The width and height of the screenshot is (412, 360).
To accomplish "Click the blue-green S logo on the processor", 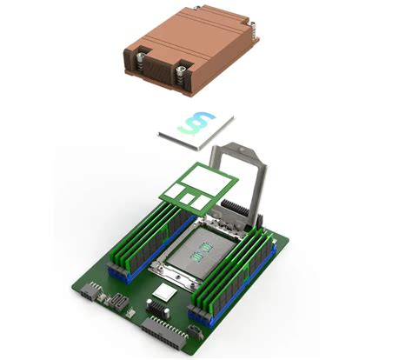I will (200, 125).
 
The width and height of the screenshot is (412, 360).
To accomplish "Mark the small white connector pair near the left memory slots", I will (116, 302).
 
